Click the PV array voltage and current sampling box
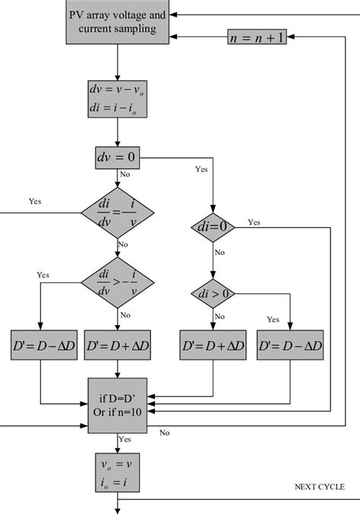click(117, 23)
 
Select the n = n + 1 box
click(256, 36)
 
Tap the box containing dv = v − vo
click(117, 99)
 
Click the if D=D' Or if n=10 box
click(117, 405)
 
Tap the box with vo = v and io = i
click(117, 471)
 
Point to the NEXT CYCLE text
click(318, 487)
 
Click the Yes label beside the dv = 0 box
click(201, 169)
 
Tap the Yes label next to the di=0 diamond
click(254, 222)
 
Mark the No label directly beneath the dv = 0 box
click(125, 174)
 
